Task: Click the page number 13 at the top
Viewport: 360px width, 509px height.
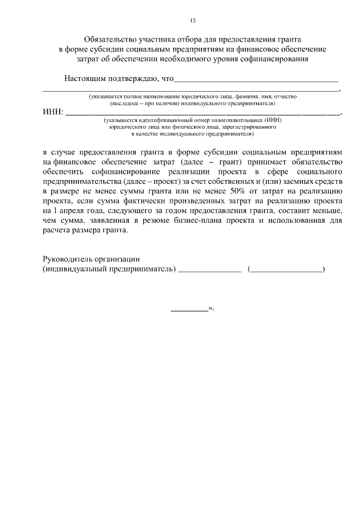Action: [x=193, y=21]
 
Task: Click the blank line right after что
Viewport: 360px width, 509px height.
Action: [x=256, y=81]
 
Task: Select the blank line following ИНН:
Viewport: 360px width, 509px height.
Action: [x=202, y=114]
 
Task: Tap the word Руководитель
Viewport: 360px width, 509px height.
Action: [x=66, y=259]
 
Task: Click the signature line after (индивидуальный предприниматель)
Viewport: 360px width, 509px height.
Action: [x=209, y=272]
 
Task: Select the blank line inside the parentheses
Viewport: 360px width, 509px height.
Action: [x=286, y=272]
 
